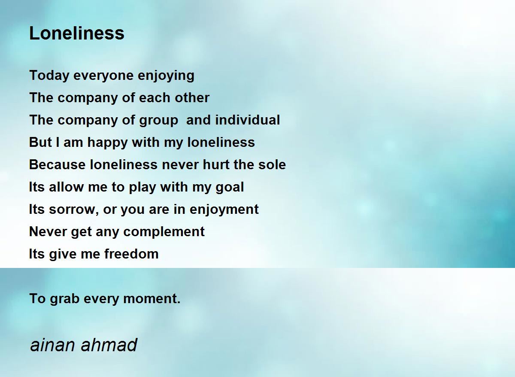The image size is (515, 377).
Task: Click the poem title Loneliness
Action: pyautogui.click(x=77, y=33)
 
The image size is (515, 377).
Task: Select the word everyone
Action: pyautogui.click(x=103, y=76)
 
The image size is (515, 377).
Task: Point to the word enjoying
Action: pyautogui.click(x=166, y=76)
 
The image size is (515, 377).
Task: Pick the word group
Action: pyautogui.click(x=159, y=121)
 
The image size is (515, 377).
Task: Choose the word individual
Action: pyautogui.click(x=247, y=120)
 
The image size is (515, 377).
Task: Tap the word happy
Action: pyautogui.click(x=107, y=143)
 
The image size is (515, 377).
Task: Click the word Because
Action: pyautogui.click(x=58, y=165)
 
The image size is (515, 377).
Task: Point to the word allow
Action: pyautogui.click(x=66, y=187)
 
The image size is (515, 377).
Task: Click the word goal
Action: pyautogui.click(x=230, y=188)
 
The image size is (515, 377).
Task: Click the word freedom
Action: pyautogui.click(x=131, y=254)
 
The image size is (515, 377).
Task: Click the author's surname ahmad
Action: pyautogui.click(x=109, y=345)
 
